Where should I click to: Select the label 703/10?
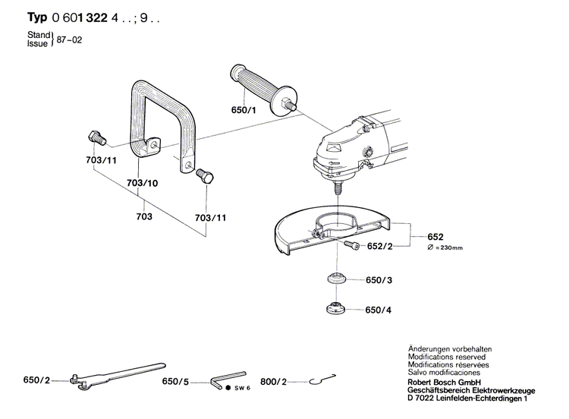pos(142,184)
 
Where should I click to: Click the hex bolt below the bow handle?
pos(205,177)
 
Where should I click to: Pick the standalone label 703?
pos(144,217)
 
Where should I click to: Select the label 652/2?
pos(379,246)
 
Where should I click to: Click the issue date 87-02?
pos(69,39)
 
